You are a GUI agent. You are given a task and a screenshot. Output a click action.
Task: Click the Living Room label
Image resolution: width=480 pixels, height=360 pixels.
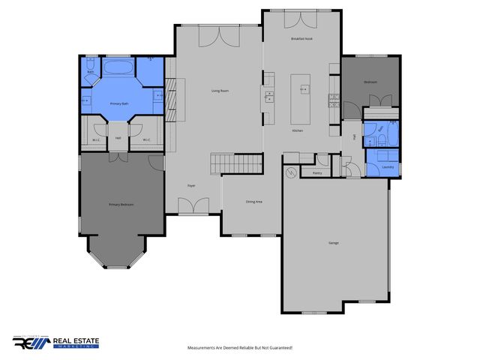[219, 91]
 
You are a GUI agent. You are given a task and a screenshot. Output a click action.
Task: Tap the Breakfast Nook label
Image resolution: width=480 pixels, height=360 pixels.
[301, 39]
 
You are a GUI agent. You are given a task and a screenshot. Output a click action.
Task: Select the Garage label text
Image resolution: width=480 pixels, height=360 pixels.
[333, 243]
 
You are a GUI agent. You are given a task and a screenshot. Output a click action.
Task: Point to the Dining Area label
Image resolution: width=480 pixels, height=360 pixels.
[254, 202]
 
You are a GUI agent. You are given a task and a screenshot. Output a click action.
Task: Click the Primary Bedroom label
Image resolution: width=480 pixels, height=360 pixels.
[121, 204]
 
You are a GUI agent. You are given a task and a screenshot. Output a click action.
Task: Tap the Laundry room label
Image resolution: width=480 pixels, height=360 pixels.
[387, 166]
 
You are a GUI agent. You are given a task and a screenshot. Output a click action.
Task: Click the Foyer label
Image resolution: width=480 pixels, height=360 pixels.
[191, 184]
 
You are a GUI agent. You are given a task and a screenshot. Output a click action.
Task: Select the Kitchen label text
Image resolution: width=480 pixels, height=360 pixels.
[297, 130]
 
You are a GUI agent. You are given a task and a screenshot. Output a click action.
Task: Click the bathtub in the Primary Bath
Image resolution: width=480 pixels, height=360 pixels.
[118, 68]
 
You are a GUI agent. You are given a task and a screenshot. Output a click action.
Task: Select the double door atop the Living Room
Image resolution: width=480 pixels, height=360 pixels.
[219, 35]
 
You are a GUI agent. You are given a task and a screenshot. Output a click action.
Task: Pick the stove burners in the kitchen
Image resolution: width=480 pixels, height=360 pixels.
[269, 96]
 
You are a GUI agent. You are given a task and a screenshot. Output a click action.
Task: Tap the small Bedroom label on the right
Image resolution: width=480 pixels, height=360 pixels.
[370, 82]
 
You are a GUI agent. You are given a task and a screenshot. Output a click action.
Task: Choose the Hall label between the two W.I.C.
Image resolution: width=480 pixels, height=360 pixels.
[118, 138]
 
